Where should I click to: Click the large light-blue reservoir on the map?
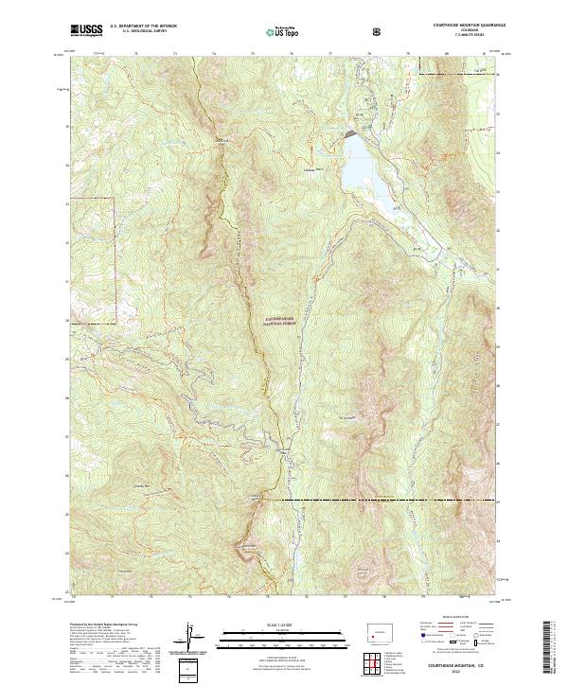[364, 170]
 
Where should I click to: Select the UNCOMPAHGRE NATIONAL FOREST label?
[273, 321]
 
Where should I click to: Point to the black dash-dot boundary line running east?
[379, 499]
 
